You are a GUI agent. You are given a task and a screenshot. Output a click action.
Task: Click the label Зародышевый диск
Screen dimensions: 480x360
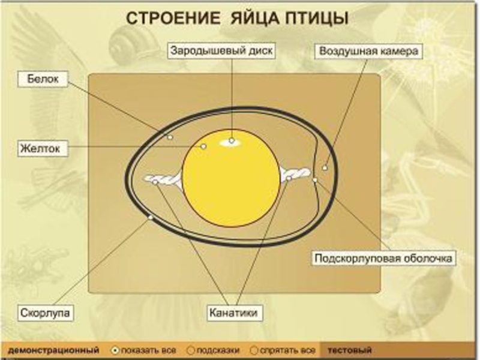(220, 51)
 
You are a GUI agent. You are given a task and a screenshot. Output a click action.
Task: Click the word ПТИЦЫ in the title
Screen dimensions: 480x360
(319, 18)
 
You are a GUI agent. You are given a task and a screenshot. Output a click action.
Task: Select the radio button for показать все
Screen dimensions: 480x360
(115, 349)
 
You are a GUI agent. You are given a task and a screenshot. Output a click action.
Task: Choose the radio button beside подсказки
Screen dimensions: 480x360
(191, 349)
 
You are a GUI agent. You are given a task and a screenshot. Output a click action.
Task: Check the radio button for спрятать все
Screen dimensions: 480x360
(254, 349)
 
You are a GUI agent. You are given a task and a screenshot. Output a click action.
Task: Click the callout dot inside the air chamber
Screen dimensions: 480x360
(325, 168)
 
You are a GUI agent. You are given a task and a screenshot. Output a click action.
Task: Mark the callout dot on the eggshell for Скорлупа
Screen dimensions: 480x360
(150, 218)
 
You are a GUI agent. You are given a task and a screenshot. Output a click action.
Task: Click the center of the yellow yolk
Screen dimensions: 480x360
(231, 178)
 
